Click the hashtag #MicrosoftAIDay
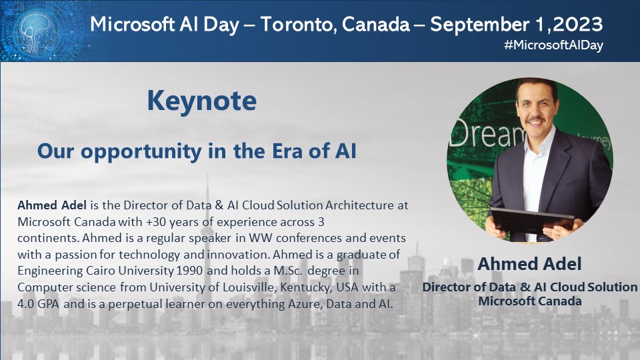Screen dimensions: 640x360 (553, 45)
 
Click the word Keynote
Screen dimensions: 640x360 (201, 101)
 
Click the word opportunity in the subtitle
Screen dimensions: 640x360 (141, 152)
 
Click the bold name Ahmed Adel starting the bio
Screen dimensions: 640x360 (52, 205)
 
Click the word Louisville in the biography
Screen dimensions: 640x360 (245, 287)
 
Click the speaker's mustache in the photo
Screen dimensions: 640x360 (535, 120)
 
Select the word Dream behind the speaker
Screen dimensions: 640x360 (487, 133)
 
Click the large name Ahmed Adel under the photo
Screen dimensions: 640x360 (529, 264)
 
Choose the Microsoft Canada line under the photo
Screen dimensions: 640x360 (530, 301)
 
